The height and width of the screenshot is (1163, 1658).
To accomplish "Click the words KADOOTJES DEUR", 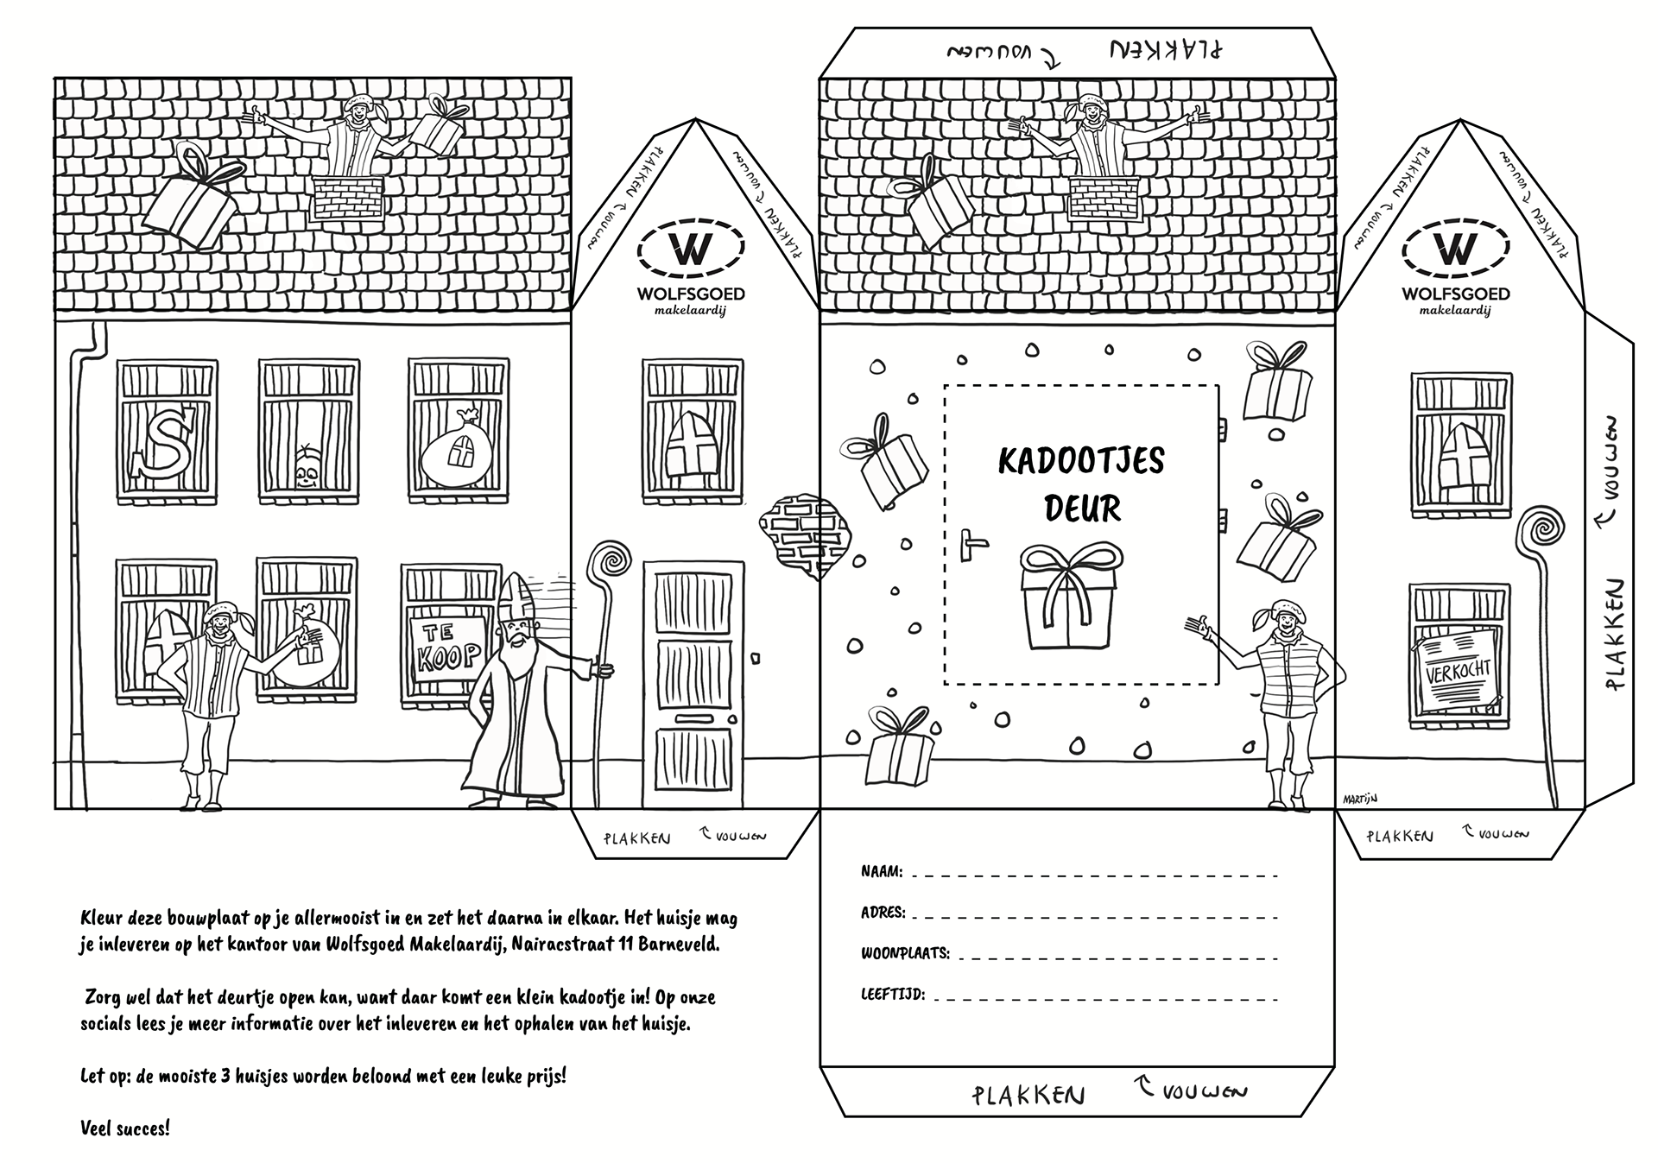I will pos(1081,484).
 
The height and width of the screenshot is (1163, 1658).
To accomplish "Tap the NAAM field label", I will pos(882,872).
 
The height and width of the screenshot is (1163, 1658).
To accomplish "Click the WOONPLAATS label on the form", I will pos(905,954).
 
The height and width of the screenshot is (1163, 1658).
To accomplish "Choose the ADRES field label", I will pos(883,913).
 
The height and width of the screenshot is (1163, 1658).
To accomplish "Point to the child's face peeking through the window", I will pos(306,468).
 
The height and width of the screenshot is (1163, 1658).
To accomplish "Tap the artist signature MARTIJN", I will pos(1359,800).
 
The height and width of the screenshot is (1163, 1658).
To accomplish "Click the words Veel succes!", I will pos(125,1128).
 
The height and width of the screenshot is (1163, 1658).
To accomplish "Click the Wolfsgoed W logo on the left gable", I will pos(690,249).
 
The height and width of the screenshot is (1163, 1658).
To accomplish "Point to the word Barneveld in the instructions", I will pos(680,945).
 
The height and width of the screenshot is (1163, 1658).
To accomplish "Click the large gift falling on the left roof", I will pos(188,199).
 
